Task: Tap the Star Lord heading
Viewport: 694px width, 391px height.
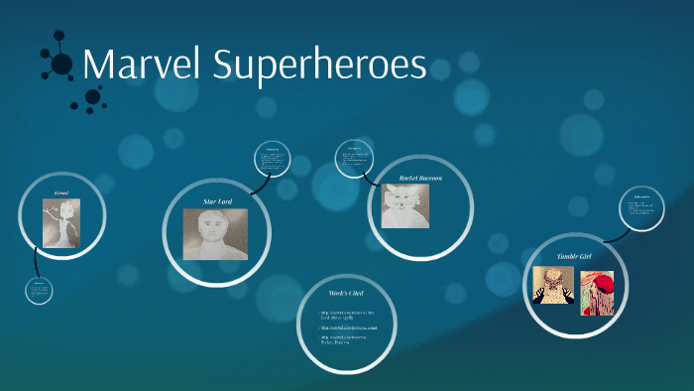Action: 217,201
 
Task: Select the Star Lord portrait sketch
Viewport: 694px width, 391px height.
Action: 215,234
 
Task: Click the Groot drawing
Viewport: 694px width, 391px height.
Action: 60,222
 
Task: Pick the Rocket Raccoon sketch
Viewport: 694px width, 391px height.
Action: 405,207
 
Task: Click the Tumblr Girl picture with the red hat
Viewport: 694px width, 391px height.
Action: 597,293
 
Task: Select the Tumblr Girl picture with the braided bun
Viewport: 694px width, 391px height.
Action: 552,286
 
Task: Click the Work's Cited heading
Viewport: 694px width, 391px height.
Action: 348,294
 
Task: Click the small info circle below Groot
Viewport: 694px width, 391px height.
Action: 40,290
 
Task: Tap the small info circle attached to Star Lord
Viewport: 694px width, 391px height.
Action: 273,160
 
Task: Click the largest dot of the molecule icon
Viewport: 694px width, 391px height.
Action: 61,65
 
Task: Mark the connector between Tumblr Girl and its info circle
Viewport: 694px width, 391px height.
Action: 615,235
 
